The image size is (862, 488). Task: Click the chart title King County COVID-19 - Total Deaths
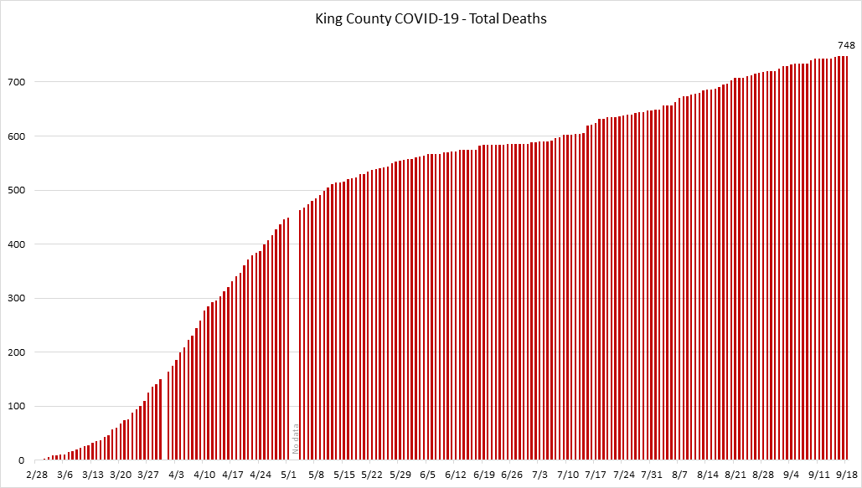click(431, 18)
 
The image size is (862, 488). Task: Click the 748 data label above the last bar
click(846, 45)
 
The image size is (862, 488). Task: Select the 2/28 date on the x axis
click(38, 475)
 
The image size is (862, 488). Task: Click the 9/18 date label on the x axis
click(844, 475)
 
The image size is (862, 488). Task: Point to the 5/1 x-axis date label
click(289, 475)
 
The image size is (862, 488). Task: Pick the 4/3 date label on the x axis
click(177, 475)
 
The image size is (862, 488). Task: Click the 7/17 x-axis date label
click(596, 475)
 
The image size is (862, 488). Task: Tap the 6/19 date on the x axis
click(484, 475)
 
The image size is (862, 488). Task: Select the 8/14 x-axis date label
click(707, 475)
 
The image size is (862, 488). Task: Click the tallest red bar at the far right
click(846, 259)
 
